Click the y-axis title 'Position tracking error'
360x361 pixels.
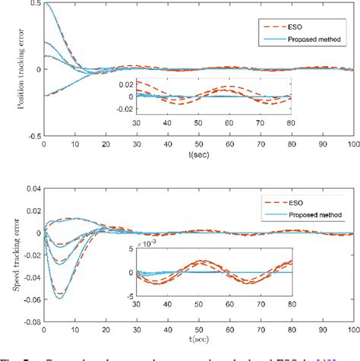[x=9, y=69]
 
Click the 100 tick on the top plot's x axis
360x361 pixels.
[x=352, y=144]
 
